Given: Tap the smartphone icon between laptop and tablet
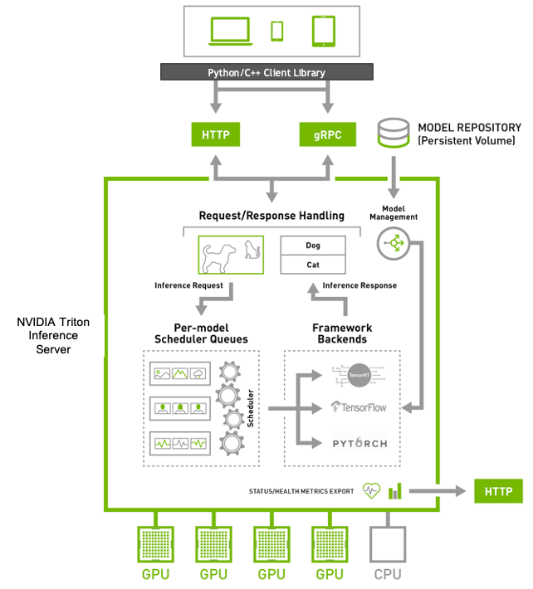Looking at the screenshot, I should pos(276,31).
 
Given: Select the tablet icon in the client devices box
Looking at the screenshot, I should pos(323,32).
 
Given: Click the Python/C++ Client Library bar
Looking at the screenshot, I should pos(266,73).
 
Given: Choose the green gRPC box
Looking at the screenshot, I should pos(321,134).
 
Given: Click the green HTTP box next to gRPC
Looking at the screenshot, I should pos(215,134).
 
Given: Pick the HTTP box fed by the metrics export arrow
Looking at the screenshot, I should pos(498,491).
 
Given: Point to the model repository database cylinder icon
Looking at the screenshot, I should pos(394,134).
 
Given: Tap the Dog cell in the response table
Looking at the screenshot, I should pos(313,246).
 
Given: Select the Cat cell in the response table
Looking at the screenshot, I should pos(313,265).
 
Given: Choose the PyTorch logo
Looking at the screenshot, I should pos(359,443).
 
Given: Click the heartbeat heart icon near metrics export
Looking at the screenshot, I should pos(370,491).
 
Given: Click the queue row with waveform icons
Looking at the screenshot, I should pos(178,443).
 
